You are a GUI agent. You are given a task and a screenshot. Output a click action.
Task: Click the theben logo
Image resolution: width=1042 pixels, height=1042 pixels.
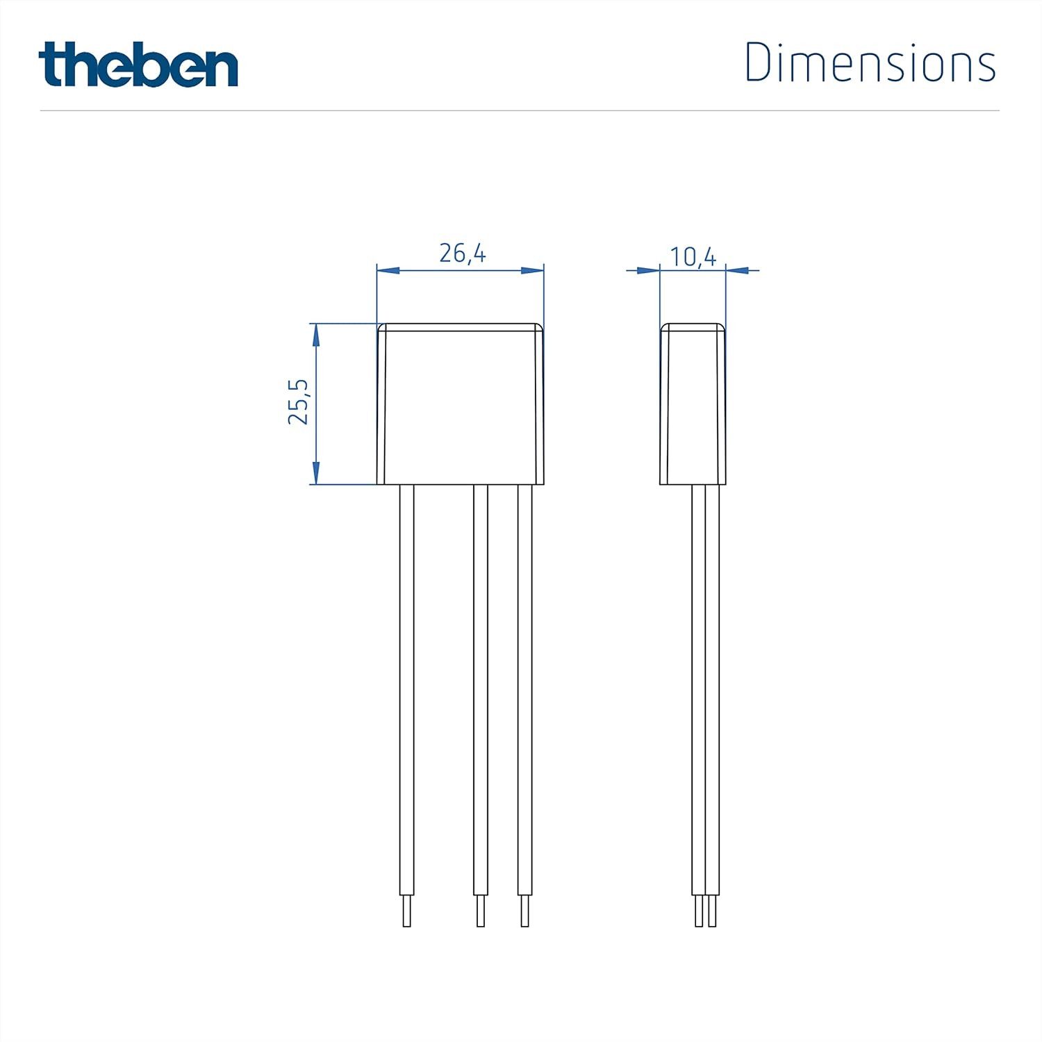click(138, 65)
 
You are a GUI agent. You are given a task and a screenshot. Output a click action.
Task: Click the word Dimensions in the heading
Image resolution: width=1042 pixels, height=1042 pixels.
click(870, 63)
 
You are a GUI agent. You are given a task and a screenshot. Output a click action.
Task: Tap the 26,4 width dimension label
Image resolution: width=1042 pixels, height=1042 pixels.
click(463, 254)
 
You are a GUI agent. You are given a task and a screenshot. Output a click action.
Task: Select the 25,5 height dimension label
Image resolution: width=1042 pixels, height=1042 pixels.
click(299, 403)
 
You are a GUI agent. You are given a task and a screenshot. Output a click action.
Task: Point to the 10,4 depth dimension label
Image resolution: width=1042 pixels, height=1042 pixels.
click(693, 257)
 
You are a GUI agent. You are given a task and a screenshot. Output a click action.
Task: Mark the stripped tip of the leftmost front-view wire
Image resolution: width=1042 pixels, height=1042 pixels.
click(407, 911)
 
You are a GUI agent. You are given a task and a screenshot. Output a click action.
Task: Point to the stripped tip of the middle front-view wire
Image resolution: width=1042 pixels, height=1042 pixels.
click(481, 911)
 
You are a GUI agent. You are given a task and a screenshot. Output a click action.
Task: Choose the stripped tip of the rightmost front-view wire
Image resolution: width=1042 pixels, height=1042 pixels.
click(525, 911)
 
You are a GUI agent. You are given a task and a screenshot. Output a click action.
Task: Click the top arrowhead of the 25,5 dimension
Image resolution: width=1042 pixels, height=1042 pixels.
click(316, 335)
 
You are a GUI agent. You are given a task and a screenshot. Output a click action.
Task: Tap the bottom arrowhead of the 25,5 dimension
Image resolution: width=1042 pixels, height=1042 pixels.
click(316, 473)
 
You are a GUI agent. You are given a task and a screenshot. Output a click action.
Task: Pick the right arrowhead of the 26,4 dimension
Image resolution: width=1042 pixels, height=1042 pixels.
click(533, 270)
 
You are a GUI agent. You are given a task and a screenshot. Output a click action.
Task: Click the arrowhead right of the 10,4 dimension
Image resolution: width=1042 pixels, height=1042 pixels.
click(738, 270)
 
